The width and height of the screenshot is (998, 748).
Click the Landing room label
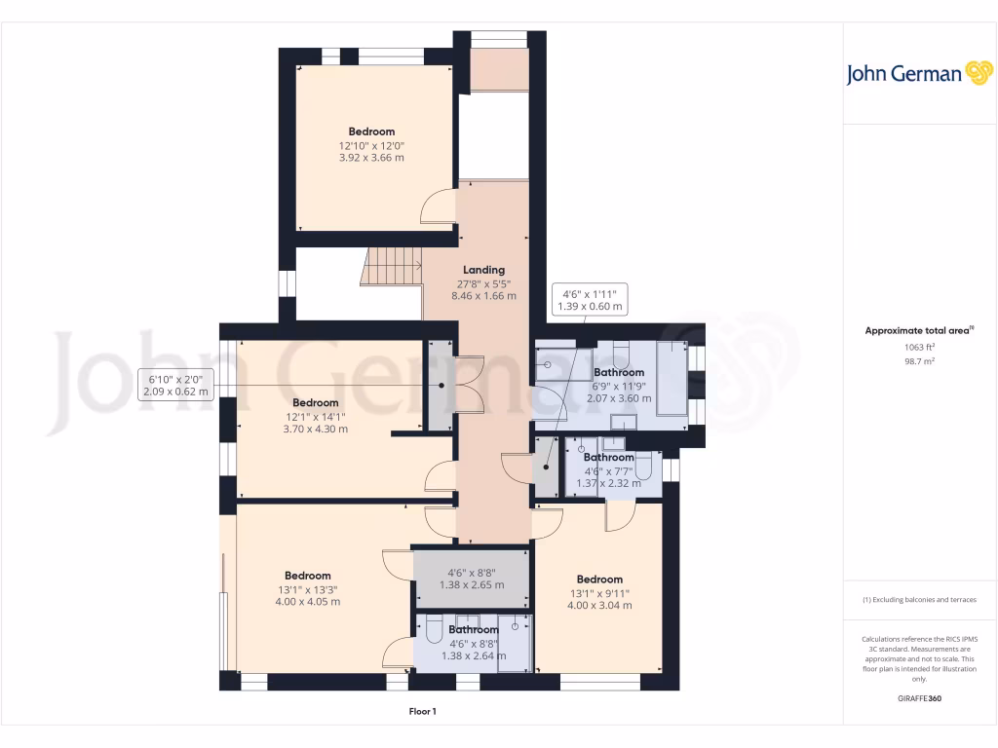coord(483,270)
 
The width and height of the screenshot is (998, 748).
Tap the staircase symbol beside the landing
coord(391,266)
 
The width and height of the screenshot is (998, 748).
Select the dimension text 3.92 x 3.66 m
coord(371,157)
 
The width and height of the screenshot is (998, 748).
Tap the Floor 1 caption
coord(422,712)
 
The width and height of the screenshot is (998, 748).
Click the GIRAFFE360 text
coord(919,698)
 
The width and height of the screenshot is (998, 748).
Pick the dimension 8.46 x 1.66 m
coord(483,295)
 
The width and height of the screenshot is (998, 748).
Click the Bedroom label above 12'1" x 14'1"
coord(316,402)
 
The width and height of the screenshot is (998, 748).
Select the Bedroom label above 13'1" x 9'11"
coord(598,580)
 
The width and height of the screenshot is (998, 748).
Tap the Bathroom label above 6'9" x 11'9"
coord(619,372)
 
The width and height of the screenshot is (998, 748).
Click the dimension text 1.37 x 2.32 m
coord(609,483)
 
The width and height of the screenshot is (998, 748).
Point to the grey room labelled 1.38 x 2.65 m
coord(472,579)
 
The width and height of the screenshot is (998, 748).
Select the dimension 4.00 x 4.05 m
coord(307,602)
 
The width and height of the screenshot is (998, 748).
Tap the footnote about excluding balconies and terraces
coord(919,600)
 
